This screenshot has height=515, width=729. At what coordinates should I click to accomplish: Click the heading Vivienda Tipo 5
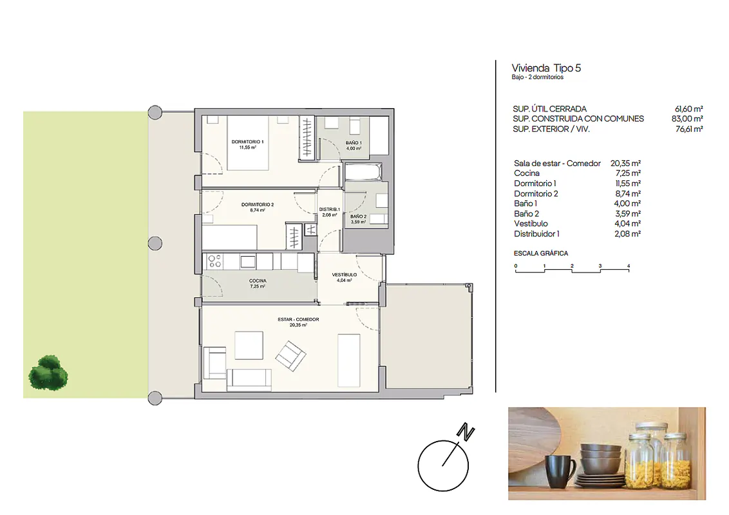(546, 68)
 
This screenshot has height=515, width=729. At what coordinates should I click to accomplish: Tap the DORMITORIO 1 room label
(247, 142)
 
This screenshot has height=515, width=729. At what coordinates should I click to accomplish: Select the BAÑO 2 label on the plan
(359, 216)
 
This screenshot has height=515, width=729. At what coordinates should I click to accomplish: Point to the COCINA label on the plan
(258, 281)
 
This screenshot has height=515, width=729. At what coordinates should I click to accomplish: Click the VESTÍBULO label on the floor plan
(344, 275)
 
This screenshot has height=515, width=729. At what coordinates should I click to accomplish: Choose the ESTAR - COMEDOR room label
(298, 319)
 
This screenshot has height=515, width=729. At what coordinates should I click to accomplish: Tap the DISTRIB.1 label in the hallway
(330, 209)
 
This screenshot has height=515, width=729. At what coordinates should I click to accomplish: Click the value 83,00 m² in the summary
(687, 119)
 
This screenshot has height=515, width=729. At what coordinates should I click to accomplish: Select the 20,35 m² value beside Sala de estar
(626, 163)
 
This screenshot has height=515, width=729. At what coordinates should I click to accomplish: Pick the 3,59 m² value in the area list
(628, 214)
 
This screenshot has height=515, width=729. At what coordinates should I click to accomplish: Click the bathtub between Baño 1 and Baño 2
(363, 172)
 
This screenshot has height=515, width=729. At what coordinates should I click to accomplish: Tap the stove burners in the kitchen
(215, 261)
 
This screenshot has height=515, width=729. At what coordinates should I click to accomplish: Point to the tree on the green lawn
(48, 373)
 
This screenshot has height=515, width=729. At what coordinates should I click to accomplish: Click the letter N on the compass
(466, 433)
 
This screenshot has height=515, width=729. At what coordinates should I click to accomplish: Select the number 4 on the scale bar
(629, 267)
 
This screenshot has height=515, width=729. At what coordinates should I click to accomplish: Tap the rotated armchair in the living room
(290, 356)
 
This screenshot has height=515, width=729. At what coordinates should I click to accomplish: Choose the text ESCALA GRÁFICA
(541, 254)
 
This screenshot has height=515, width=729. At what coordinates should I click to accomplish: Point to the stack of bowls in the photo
(601, 459)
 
